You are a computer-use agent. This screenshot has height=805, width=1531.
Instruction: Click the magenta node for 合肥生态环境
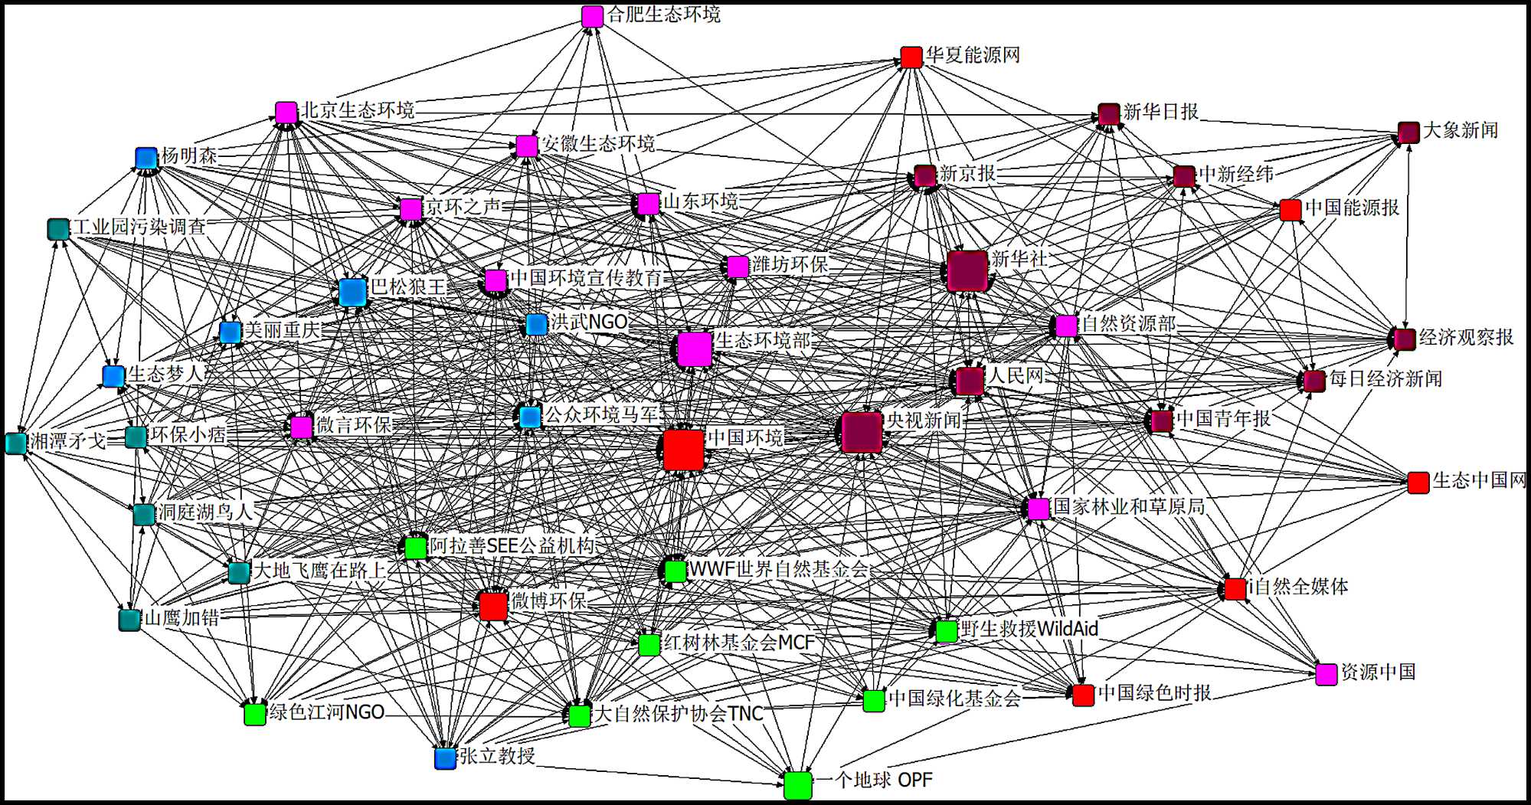click(592, 16)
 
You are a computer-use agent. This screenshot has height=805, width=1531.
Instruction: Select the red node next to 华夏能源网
click(911, 57)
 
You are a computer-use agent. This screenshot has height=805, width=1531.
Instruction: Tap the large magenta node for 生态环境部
click(695, 349)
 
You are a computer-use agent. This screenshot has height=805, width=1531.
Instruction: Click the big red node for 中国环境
click(683, 449)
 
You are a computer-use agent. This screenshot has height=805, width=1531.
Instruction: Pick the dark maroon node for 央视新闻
click(861, 432)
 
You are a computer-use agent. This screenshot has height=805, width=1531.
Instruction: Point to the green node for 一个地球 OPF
click(797, 785)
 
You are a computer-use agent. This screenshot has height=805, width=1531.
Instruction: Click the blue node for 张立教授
click(445, 758)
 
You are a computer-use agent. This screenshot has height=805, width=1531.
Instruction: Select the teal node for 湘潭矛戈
click(16, 443)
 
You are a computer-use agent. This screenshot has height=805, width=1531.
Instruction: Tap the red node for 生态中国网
click(1418, 483)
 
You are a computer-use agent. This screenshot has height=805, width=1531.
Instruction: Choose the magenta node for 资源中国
click(1327, 674)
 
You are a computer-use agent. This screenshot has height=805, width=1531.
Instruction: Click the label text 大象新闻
click(1460, 130)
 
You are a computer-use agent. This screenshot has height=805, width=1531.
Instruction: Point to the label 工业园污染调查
click(139, 227)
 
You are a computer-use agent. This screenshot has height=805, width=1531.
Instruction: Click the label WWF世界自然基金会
click(778, 569)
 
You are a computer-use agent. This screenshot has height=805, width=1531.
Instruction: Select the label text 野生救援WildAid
click(1029, 629)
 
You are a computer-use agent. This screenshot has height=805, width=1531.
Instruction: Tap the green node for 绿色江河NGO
click(254, 714)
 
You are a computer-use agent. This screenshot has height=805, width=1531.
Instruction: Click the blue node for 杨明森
click(146, 158)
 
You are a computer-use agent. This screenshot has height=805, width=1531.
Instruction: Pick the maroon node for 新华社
click(967, 270)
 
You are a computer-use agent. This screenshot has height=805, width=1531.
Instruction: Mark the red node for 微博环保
click(493, 606)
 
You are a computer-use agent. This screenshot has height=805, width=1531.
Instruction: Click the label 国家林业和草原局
click(1129, 506)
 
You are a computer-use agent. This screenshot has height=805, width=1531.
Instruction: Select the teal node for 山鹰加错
click(129, 620)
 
